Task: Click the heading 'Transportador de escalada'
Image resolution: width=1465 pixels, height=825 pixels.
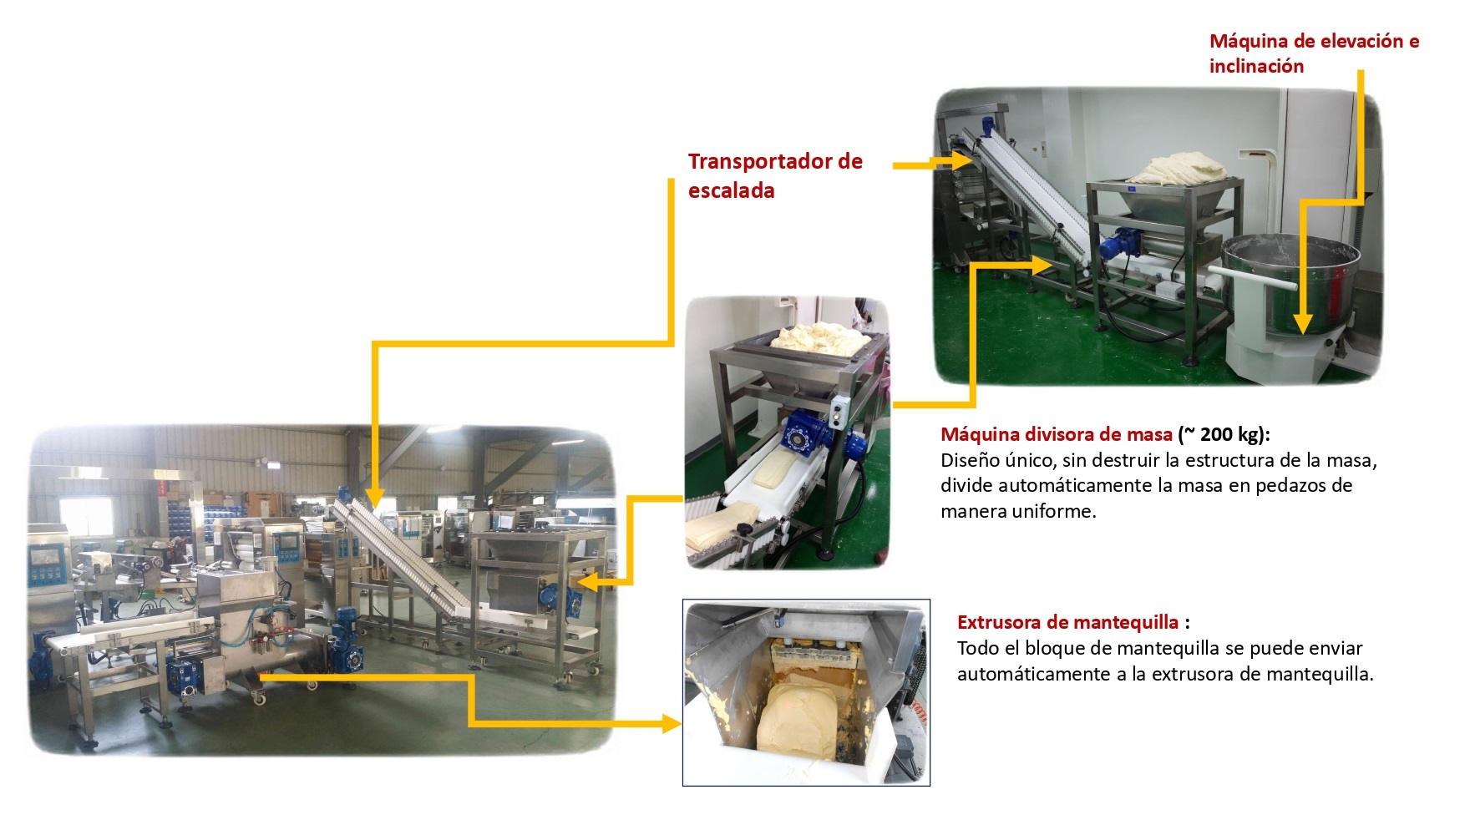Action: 775,175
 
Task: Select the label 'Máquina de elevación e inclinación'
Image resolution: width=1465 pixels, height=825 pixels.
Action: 1314,53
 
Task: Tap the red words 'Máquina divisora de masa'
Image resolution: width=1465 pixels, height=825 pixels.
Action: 1056,434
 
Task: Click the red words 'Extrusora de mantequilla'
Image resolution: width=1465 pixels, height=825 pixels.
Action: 1067,622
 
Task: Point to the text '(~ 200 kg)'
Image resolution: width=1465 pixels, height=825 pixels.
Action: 1222,434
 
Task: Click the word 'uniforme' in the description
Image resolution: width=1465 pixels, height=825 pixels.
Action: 1052,511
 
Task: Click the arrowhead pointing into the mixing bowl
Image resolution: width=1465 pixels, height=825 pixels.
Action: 1301,323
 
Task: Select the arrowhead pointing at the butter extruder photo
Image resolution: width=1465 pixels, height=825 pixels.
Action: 671,724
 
